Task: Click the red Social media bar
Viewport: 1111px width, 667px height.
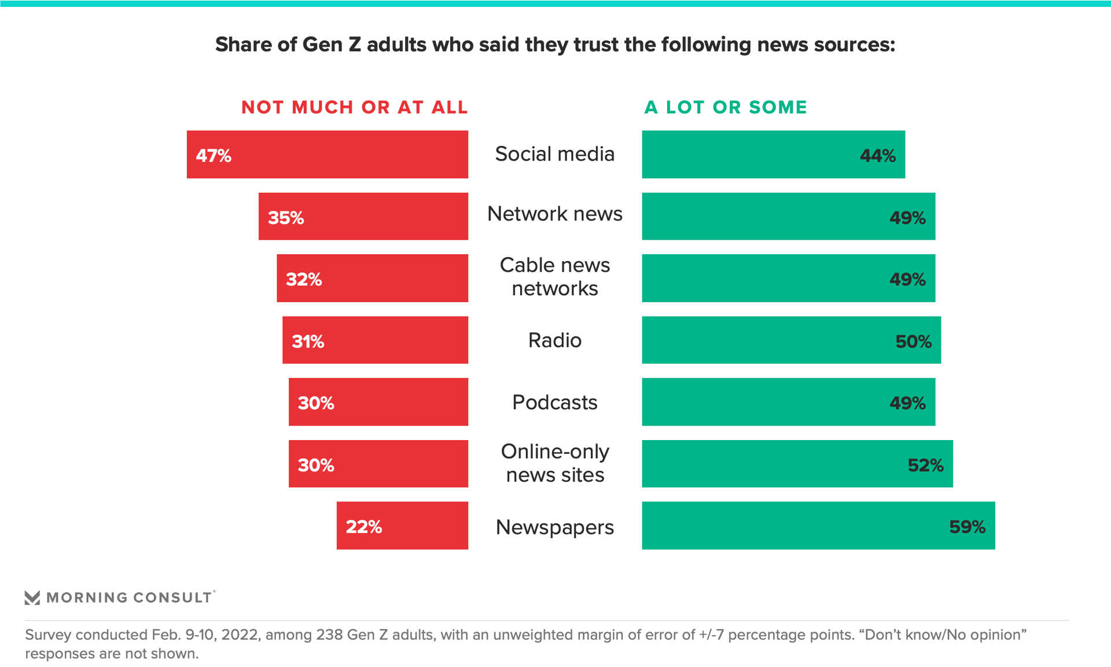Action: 328,154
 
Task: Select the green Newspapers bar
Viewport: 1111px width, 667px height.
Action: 818,525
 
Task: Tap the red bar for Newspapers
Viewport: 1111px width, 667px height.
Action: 402,525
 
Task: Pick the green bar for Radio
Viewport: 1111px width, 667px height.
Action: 791,340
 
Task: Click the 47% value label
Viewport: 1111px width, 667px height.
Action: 214,156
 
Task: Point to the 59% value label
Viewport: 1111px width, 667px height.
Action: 967,527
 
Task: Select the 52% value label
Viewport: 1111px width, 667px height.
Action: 925,465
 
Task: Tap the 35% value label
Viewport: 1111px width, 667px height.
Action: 286,218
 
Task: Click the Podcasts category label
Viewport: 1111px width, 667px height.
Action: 554,402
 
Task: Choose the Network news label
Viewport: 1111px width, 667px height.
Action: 554,214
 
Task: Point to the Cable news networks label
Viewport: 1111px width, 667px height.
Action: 554,277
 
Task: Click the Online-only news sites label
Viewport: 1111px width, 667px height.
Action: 554,463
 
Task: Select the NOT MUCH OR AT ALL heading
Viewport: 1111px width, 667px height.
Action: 354,107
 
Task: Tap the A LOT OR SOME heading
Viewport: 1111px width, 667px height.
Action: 726,107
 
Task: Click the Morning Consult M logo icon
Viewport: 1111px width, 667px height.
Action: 32,598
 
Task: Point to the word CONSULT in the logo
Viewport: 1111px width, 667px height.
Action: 172,598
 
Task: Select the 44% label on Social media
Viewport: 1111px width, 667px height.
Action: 877,156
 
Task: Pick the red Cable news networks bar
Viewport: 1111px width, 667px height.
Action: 372,278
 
